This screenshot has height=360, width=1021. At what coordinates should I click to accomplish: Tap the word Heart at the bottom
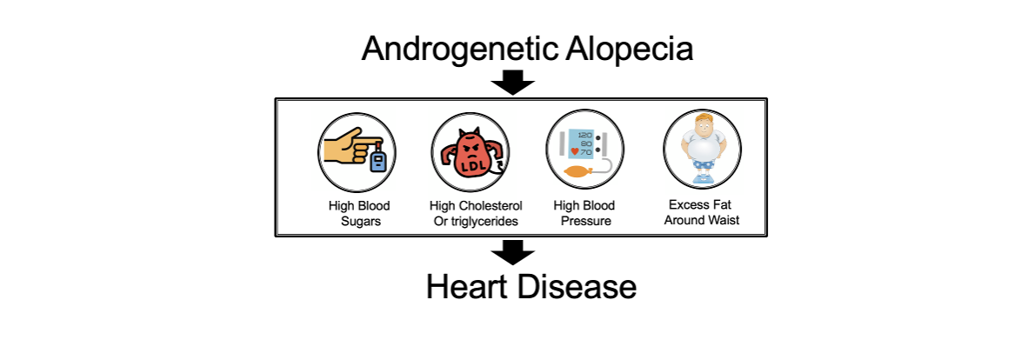pyautogui.click(x=467, y=286)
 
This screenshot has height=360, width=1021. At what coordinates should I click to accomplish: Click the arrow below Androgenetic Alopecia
pyautogui.click(x=512, y=82)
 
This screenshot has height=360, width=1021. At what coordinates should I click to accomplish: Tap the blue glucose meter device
pyautogui.click(x=377, y=159)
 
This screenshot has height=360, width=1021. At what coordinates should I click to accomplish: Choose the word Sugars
pyautogui.click(x=359, y=221)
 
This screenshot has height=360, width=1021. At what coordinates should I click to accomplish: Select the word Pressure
pyautogui.click(x=585, y=221)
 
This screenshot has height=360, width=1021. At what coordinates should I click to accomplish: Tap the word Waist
pyautogui.click(x=724, y=220)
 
